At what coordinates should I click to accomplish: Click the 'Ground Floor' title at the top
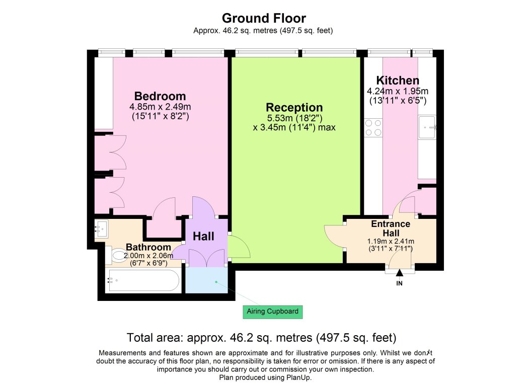pyautogui.click(x=264, y=19)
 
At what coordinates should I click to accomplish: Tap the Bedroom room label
pyautogui.click(x=160, y=96)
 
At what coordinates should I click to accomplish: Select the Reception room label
pyautogui.click(x=294, y=107)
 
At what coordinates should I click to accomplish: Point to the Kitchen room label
pyautogui.click(x=398, y=81)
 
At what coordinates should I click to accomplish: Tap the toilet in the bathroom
pyautogui.click(x=117, y=256)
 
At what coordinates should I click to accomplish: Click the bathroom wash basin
pyautogui.click(x=101, y=229)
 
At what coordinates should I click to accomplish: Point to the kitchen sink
pyautogui.click(x=426, y=128)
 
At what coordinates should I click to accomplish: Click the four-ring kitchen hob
pyautogui.click(x=373, y=128)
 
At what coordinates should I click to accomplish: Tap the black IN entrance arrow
pyautogui.click(x=400, y=274)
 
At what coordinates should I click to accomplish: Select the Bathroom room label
pyautogui.click(x=148, y=247)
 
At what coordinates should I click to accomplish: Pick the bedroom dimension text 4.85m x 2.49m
pyautogui.click(x=160, y=107)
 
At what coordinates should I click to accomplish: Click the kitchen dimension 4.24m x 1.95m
pyautogui.click(x=398, y=91)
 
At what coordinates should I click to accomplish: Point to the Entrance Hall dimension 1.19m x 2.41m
pyautogui.click(x=391, y=242)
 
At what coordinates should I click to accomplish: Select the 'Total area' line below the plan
pyautogui.click(x=262, y=337)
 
